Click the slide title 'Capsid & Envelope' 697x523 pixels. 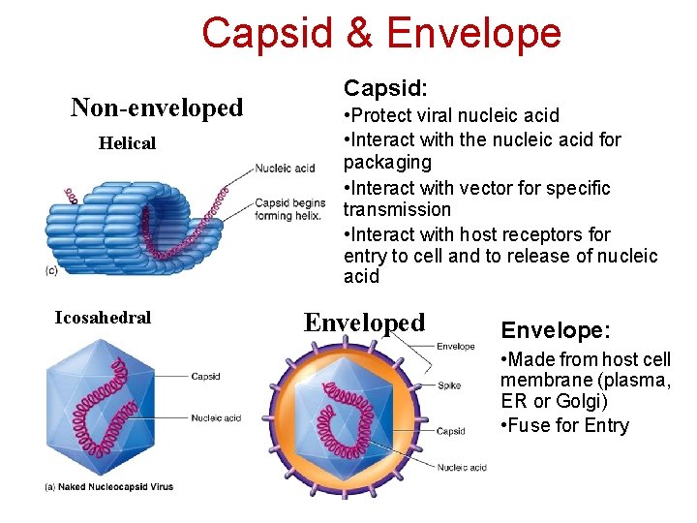coord(380,33)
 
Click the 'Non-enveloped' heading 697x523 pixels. coord(157,108)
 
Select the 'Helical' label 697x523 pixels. coord(127,143)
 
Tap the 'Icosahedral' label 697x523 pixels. coord(103,317)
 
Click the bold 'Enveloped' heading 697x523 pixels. coord(364,323)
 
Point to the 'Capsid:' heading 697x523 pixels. coord(385,88)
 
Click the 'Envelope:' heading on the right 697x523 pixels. coord(555,330)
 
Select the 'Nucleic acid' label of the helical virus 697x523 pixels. coord(285,169)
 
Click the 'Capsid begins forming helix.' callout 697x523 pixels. coord(289,209)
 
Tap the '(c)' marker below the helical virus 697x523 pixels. coord(51,270)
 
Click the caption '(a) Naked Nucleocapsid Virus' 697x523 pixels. coord(109,486)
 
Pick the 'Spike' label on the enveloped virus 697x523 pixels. coord(449,385)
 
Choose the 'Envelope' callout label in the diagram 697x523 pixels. coord(455,346)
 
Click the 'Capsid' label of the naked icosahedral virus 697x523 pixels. coord(205,377)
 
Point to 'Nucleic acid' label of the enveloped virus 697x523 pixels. coord(462,468)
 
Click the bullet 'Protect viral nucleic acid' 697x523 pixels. coord(451,115)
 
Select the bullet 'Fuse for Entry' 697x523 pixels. coord(565,425)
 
